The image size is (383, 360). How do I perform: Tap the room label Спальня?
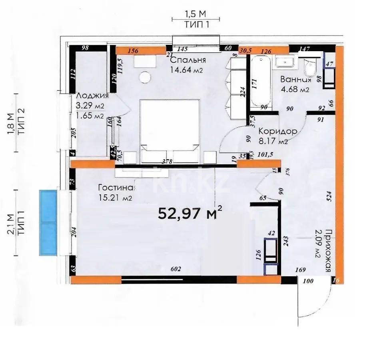click(x=188, y=60)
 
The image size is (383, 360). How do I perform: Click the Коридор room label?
click(x=277, y=132)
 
